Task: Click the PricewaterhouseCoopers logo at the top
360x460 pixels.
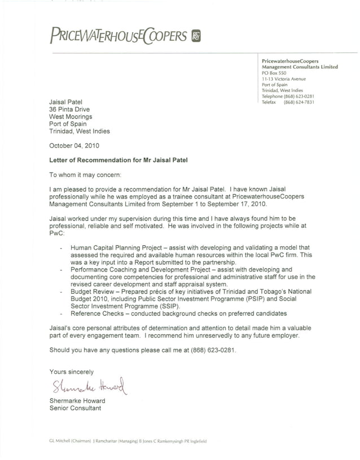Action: click(x=118, y=36)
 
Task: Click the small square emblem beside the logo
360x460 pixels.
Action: click(x=196, y=37)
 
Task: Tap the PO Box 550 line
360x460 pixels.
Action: click(x=274, y=73)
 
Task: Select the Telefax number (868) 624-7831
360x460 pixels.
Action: click(x=298, y=102)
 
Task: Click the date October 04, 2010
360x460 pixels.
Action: click(x=74, y=145)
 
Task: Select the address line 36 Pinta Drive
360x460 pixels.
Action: click(x=69, y=109)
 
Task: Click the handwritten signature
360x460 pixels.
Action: click(x=90, y=387)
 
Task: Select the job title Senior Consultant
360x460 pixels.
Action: click(x=75, y=408)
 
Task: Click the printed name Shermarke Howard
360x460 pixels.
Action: click(x=77, y=401)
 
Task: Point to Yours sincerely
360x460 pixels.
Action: click(x=72, y=372)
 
